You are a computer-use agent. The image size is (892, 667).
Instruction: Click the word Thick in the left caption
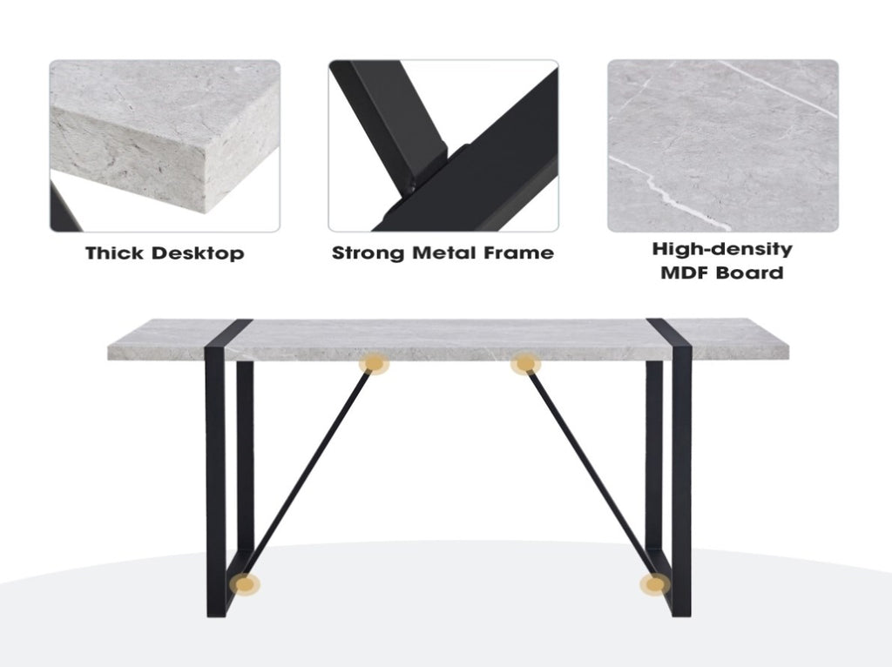tap(114, 253)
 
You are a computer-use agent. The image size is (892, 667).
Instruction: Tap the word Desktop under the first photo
tap(198, 253)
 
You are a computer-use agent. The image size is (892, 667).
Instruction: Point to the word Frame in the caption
tap(519, 253)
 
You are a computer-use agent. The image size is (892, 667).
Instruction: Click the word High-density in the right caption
tap(722, 250)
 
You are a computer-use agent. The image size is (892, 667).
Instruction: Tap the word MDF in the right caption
tap(684, 273)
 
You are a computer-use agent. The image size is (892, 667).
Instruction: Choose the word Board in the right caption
tap(749, 273)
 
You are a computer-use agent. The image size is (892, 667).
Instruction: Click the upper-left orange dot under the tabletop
tap(373, 363)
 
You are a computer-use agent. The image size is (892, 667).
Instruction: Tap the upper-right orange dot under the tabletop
tap(524, 363)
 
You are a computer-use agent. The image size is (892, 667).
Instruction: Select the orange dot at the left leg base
tap(245, 584)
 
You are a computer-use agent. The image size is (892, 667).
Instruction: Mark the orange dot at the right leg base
tap(654, 584)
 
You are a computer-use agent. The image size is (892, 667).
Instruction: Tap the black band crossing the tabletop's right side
tap(669, 340)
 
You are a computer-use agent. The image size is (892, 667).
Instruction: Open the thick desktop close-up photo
tap(165, 145)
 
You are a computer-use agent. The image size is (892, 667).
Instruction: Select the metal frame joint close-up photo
tap(443, 145)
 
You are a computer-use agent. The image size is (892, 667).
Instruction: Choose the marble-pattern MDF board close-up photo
tap(722, 145)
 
